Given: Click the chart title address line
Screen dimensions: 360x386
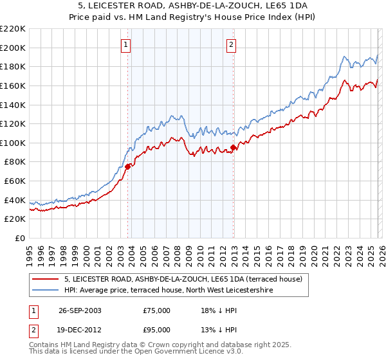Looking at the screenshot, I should pos(193,6).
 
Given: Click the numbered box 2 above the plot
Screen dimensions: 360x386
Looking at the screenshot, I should pos(231,44).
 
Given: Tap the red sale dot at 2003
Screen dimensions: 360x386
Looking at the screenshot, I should pos(128,166).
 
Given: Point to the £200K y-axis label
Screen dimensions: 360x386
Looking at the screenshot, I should pos(13,48).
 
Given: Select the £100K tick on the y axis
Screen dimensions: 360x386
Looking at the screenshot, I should pos(13,143).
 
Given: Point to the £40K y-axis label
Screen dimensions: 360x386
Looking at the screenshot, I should pos(15,201).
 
